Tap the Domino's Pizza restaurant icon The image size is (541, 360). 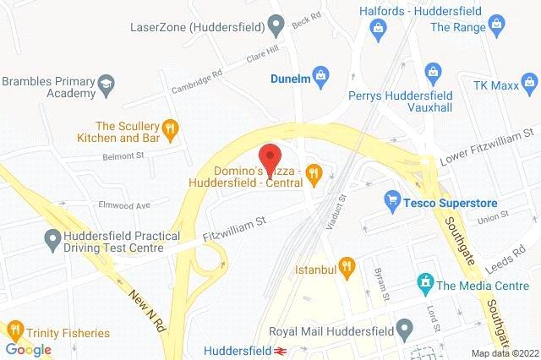point(314,174)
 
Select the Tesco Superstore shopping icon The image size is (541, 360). point(391,199)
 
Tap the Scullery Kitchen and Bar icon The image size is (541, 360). point(172,128)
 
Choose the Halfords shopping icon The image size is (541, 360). point(378,30)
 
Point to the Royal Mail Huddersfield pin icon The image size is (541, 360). point(406,327)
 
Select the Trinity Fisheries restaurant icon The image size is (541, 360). point(14,329)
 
